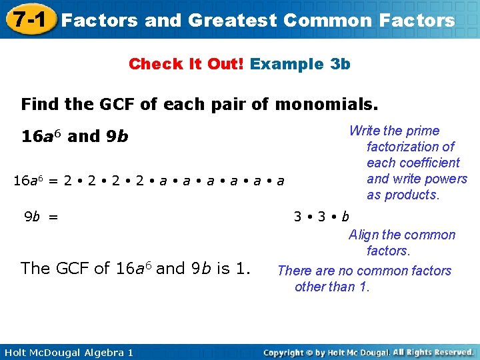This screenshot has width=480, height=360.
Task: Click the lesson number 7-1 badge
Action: pyautogui.click(x=27, y=19)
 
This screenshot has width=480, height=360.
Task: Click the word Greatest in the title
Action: pyautogui.click(x=232, y=20)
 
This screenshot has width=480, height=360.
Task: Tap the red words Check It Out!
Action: pyautogui.click(x=187, y=64)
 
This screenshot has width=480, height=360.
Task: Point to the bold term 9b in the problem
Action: pyautogui.click(x=117, y=137)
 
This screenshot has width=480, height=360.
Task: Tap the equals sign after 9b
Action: pyautogui.click(x=53, y=216)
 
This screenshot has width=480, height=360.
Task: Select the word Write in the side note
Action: pyautogui.click(x=365, y=131)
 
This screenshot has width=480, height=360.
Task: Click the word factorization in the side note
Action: pyautogui.click(x=411, y=147)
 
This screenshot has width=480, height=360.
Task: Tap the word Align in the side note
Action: pyautogui.click(x=365, y=235)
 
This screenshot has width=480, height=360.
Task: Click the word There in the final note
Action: pyautogui.click(x=294, y=271)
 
